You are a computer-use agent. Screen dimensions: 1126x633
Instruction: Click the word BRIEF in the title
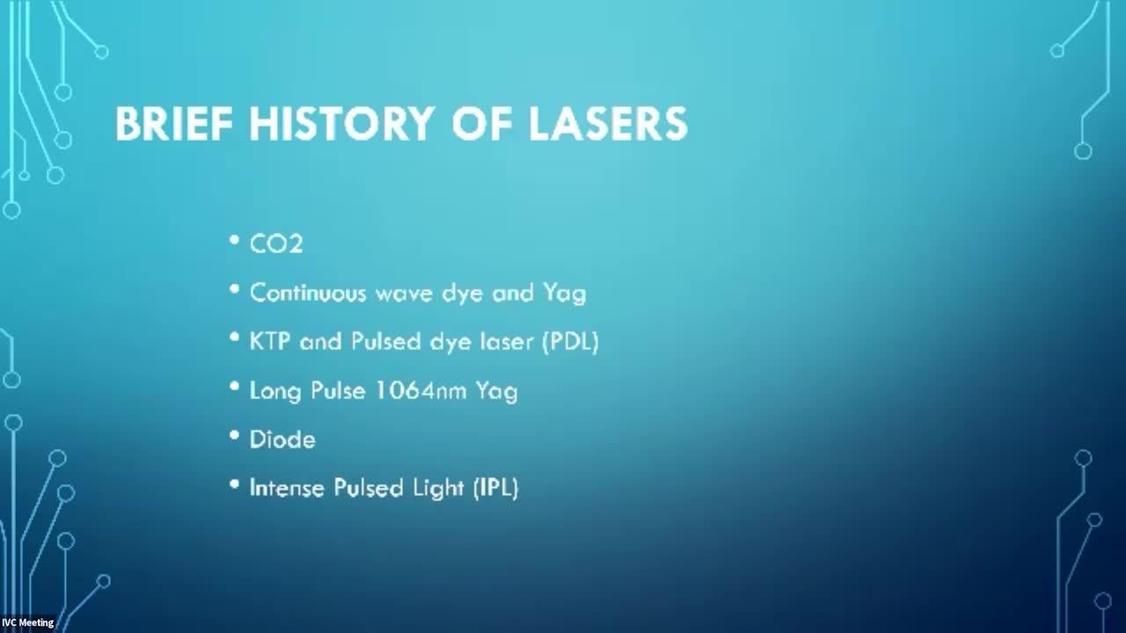point(174,124)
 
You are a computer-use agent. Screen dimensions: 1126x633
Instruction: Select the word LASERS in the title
point(608,124)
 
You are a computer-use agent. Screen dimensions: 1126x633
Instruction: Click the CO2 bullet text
point(276,244)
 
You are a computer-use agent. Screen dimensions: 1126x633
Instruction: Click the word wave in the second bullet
point(404,294)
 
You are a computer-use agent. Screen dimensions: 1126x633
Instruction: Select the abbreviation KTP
point(270,342)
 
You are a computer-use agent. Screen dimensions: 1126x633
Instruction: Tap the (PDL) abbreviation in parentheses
point(571,342)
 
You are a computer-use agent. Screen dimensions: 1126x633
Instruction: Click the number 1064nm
point(421,390)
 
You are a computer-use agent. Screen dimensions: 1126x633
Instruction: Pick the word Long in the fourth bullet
point(275,391)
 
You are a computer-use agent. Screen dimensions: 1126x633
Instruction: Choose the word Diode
point(282,440)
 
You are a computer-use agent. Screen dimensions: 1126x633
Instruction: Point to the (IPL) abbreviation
point(495,488)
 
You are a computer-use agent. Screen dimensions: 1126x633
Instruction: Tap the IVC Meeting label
point(27,622)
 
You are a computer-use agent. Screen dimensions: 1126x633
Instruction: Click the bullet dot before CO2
point(234,240)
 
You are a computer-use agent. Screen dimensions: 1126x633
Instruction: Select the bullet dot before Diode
point(234,435)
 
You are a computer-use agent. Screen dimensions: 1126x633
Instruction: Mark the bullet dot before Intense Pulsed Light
point(234,484)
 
